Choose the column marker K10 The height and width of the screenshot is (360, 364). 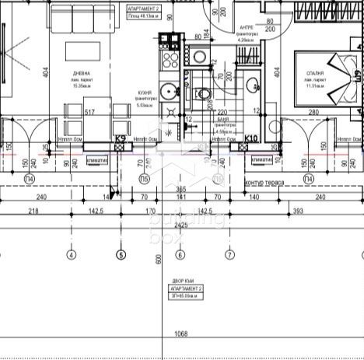[x=250, y=139]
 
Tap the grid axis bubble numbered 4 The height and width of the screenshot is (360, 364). [x=72, y=254]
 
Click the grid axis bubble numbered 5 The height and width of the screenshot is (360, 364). [x=121, y=254]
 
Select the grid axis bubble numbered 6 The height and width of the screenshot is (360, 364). [x=180, y=254]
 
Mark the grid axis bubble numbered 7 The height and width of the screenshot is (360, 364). [x=229, y=254]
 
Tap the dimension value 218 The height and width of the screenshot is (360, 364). [x=34, y=211]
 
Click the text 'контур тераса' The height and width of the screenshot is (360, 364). [x=264, y=183]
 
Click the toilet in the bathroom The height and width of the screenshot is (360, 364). [x=204, y=94]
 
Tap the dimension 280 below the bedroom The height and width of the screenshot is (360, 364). [x=313, y=114]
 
